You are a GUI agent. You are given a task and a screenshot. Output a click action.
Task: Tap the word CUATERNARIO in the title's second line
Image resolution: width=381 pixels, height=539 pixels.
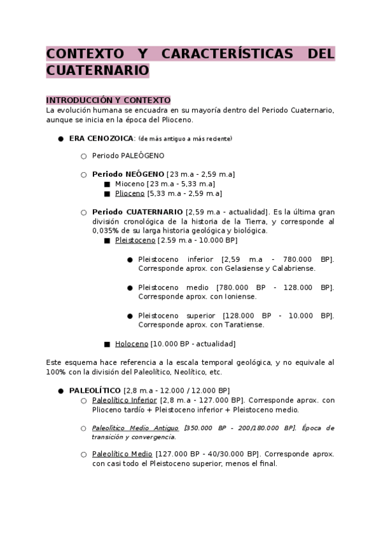pyautogui.click(x=97, y=70)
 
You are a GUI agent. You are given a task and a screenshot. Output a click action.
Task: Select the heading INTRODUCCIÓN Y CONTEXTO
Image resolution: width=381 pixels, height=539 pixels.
pyautogui.click(x=108, y=100)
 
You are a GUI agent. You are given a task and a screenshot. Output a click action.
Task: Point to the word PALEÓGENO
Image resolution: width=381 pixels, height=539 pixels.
pyautogui.click(x=142, y=155)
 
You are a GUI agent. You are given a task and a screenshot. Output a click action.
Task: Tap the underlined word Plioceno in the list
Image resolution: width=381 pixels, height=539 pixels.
pyautogui.click(x=130, y=193)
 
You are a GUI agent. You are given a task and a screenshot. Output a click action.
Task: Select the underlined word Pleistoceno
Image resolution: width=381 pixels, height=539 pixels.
pyautogui.click(x=135, y=240)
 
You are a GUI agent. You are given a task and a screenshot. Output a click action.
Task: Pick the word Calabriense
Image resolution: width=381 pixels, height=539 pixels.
pyautogui.click(x=293, y=268)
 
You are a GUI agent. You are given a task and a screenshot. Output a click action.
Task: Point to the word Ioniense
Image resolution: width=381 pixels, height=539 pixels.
pyautogui.click(x=238, y=296)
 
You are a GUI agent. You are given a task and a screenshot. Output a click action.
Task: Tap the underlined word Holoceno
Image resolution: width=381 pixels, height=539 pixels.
pyautogui.click(x=132, y=344)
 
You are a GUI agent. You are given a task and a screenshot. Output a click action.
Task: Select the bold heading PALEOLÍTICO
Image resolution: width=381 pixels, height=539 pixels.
pyautogui.click(x=95, y=390)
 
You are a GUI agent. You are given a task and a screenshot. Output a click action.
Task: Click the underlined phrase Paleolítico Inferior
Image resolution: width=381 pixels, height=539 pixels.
pyautogui.click(x=125, y=400)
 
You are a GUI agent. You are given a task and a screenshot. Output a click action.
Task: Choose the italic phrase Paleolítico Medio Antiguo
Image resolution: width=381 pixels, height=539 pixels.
pyautogui.click(x=135, y=428)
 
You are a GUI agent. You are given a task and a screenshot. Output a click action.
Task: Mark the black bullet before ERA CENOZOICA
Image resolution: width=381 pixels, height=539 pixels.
pyautogui.click(x=60, y=139)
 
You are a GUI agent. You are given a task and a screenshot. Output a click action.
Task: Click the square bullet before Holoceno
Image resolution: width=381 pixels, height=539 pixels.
pyautogui.click(x=107, y=344)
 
